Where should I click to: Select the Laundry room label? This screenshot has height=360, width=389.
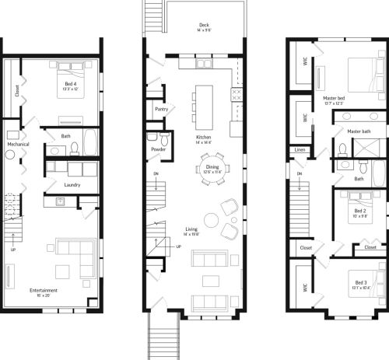click(74, 184)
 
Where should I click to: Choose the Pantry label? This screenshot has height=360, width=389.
click(163, 110)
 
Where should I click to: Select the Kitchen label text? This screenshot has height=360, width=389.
click(203, 138)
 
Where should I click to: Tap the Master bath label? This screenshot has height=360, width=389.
click(359, 131)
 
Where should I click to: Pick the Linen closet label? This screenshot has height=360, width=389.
click(300, 149)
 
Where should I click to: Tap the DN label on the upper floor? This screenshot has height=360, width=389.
click(298, 173)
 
